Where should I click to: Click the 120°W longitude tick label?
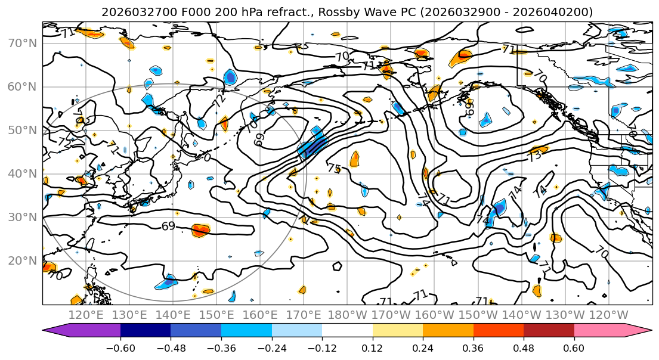coord(608,315)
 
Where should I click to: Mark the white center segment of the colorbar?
coord(347,331)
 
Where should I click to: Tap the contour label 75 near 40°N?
coord(334,169)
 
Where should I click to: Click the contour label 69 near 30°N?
coord(169,226)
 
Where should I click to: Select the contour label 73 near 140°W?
coord(535,156)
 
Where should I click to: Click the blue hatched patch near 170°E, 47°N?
coord(313,145)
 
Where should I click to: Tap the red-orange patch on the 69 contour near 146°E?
coord(201,229)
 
